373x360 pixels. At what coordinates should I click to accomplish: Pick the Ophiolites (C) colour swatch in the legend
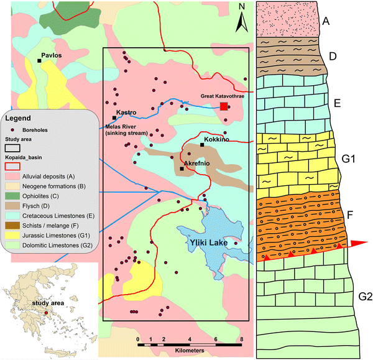pos(13,191)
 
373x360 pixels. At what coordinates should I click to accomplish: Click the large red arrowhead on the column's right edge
pos(360,243)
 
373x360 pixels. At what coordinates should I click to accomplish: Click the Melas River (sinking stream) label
pos(127,130)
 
